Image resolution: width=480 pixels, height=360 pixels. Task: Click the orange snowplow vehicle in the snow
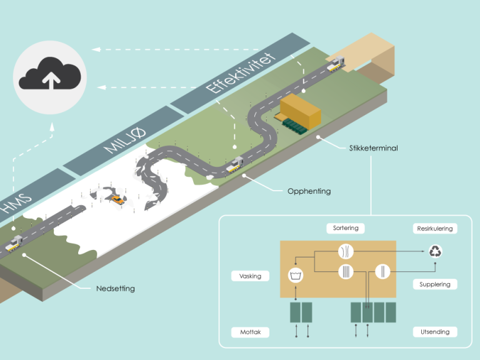[117, 199]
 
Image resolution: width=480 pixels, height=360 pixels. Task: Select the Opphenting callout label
[309, 191]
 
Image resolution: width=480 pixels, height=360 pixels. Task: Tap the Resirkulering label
[434, 229]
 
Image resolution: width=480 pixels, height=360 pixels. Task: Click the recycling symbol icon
[435, 252]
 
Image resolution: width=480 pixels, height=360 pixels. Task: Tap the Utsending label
[434, 332]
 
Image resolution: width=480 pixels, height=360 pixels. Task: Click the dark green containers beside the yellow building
[295, 127]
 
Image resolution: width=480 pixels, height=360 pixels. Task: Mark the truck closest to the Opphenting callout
[235, 165]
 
